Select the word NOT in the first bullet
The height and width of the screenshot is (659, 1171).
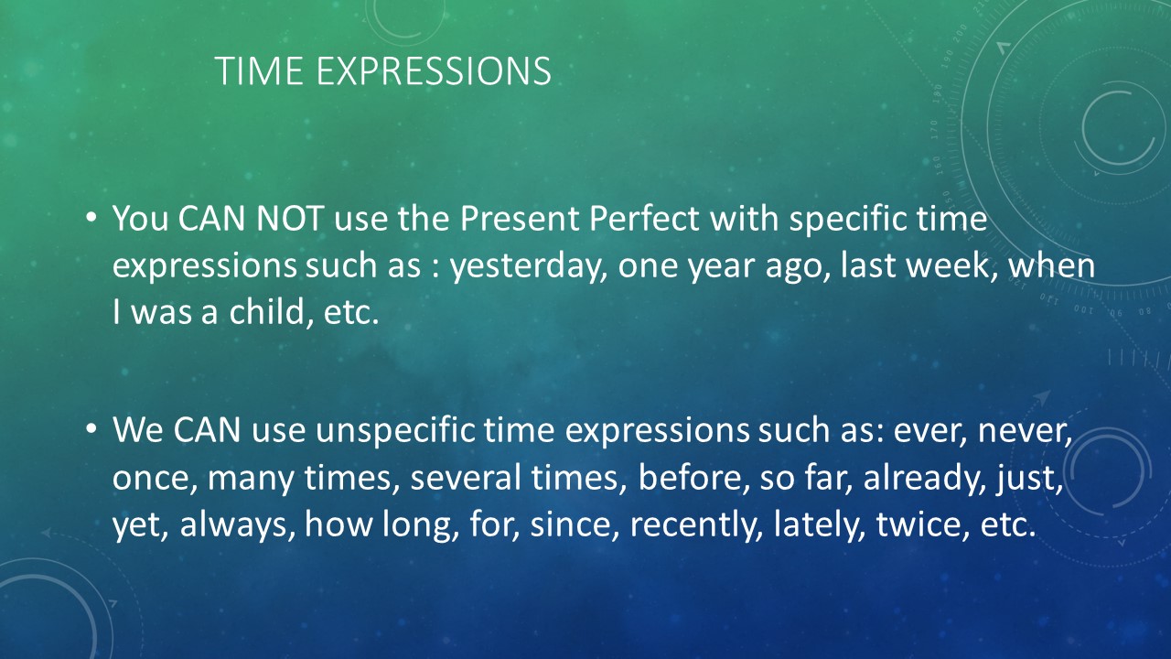[290, 218]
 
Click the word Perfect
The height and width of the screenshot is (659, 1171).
[644, 218]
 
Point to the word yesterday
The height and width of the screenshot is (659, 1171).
[529, 266]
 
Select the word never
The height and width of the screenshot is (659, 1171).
[1025, 431]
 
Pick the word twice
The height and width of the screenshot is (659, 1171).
[919, 525]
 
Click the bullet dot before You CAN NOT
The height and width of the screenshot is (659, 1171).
[91, 217]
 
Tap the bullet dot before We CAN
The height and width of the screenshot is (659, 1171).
[91, 429]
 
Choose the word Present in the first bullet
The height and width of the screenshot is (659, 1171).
[519, 218]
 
